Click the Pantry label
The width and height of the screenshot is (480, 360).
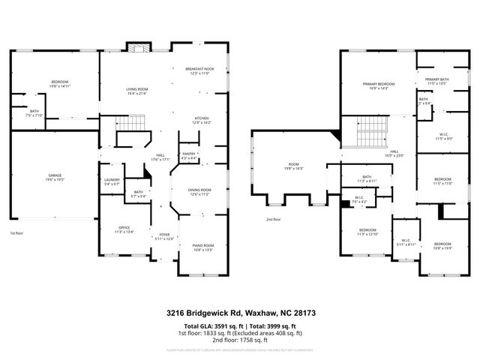pos(188,156)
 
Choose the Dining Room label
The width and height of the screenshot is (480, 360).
pos(199,191)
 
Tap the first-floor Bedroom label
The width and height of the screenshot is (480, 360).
pos(60,83)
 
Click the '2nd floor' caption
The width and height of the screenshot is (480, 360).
pos(272,220)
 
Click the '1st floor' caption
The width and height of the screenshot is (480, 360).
pos(16,234)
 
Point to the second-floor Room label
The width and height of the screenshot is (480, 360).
pos(293,166)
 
